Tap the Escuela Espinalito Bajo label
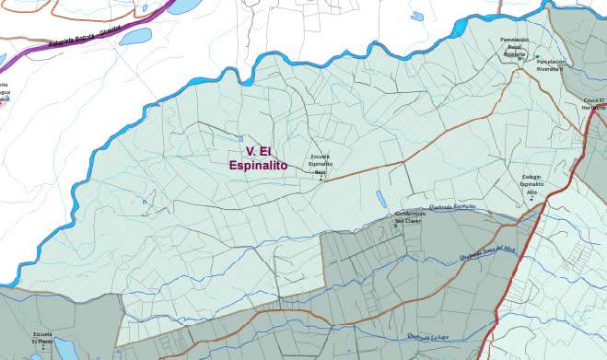pos(321,164)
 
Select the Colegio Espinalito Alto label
pos(531,184)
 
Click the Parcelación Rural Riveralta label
pos(514,47)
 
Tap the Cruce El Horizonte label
pos(593,103)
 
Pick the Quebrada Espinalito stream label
pos(452,207)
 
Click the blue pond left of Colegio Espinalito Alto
pos(380,198)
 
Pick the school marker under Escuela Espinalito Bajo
pos(321,179)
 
